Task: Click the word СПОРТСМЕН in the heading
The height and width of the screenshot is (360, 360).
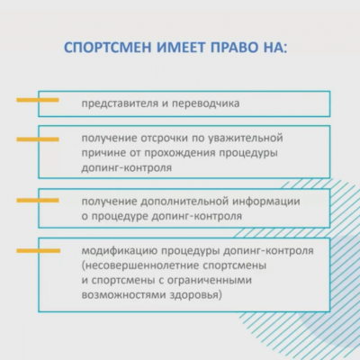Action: (x=108, y=48)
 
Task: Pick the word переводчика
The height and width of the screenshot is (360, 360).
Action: (x=205, y=103)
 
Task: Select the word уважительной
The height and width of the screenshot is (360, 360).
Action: (x=245, y=139)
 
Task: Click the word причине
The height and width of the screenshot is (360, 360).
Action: (x=103, y=153)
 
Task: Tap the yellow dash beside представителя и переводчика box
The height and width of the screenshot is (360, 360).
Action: (x=38, y=100)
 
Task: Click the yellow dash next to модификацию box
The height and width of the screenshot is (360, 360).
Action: (x=38, y=250)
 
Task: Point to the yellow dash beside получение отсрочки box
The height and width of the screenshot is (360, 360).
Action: (x=38, y=139)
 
